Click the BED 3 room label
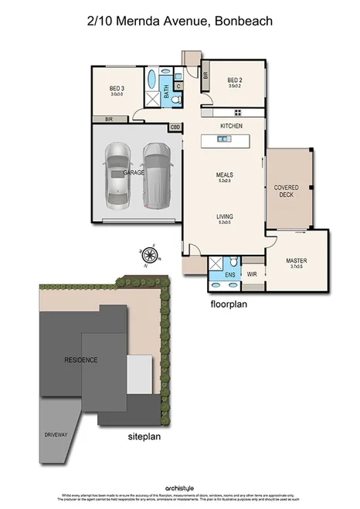(117, 89)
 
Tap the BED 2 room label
(236, 80)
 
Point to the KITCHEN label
(232, 125)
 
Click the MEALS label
(225, 175)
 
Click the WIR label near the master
(251, 273)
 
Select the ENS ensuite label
(229, 274)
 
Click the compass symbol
(148, 253)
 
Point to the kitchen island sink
(223, 139)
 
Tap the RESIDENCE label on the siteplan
(81, 360)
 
